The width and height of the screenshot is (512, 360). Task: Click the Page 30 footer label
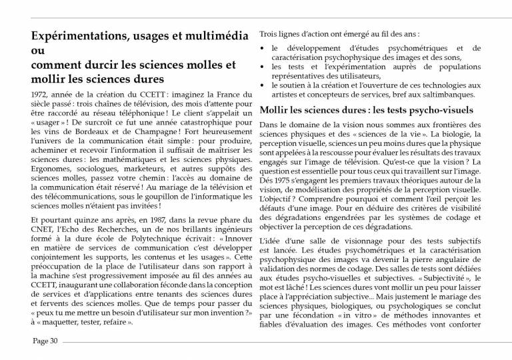(x=46, y=341)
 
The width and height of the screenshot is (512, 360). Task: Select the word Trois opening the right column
(x=269, y=33)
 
